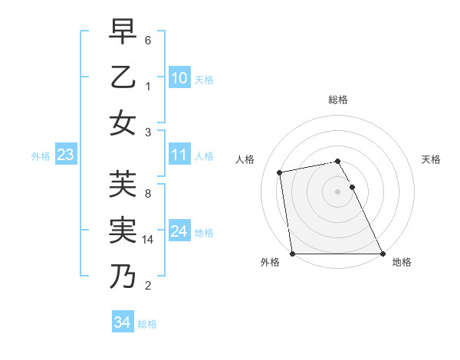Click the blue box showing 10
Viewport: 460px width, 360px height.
tap(179, 78)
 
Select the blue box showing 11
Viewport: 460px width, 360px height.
tap(179, 155)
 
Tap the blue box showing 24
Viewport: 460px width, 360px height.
tap(179, 231)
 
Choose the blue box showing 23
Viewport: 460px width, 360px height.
tap(65, 155)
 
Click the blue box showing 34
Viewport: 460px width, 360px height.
tap(122, 322)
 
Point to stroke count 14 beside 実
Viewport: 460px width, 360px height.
tap(149, 240)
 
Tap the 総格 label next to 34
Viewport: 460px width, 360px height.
tap(147, 324)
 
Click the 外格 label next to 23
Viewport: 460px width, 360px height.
tap(41, 156)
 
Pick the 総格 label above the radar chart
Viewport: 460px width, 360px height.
tap(337, 100)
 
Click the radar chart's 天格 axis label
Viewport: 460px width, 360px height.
tap(431, 159)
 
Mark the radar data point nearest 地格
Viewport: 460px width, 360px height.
tap(382, 253)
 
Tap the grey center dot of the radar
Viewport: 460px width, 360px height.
tap(337, 191)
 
